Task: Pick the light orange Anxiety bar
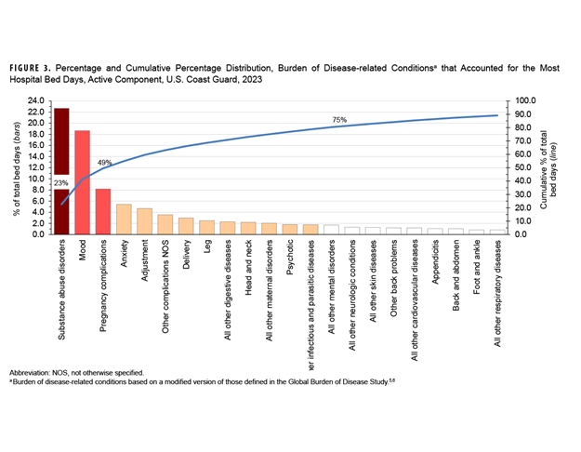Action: (124, 219)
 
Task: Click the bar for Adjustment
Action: (144, 220)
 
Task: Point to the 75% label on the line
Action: (340, 119)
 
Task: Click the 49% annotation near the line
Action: (104, 163)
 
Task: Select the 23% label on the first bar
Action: (61, 182)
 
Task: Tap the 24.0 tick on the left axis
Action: (35, 100)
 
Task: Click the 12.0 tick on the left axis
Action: (35, 167)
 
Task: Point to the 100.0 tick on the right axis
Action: (526, 100)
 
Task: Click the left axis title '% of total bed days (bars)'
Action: (16, 167)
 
